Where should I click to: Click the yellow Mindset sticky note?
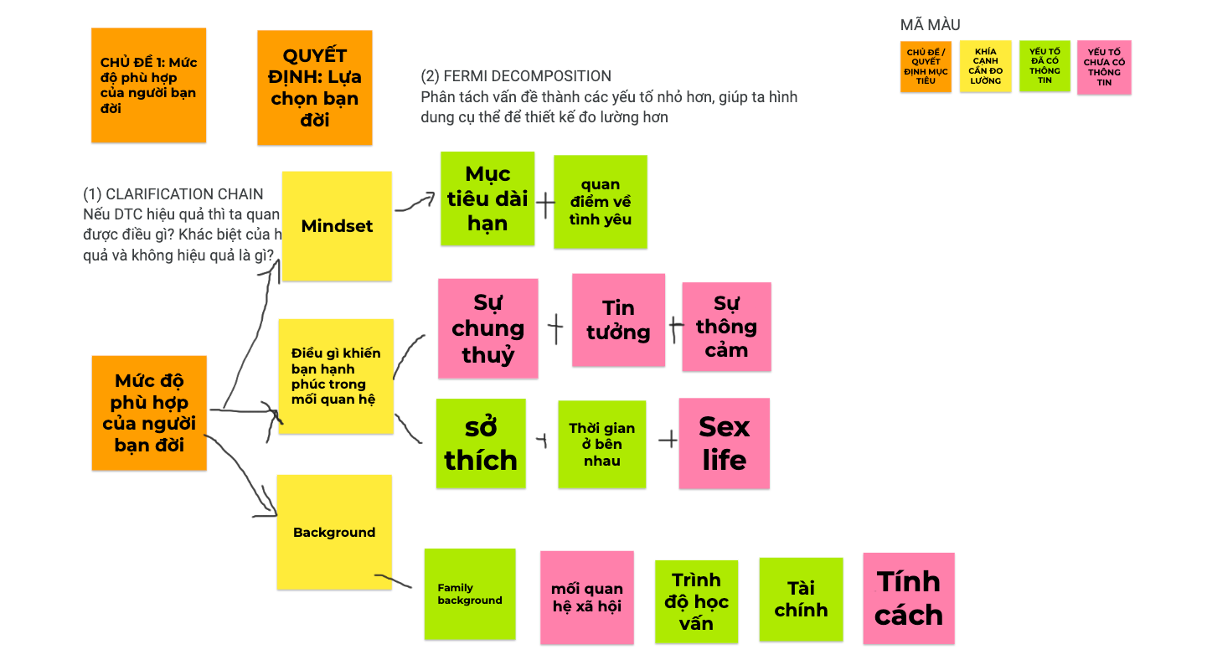coord(337,226)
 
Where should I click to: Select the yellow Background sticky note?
coord(334,532)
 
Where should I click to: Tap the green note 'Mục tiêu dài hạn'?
coord(487,198)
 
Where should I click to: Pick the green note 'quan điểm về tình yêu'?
coord(601,202)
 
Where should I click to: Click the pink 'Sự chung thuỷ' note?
coord(487,328)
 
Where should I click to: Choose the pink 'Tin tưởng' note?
coord(618,320)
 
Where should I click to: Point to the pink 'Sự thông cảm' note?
coord(726,327)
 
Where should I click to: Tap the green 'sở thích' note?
coord(481,444)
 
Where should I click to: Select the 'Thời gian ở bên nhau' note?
coord(602,444)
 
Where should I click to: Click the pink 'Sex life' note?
coord(724,444)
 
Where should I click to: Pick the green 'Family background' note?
coord(470,594)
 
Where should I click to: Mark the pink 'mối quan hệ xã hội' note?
coord(586,598)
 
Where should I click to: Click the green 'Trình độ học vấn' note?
coord(696,601)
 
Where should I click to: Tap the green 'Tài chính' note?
coord(801,600)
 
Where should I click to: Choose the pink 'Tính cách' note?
coord(909,598)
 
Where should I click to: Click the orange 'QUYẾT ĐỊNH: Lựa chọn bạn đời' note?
coord(314,88)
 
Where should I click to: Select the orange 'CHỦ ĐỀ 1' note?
coord(148,85)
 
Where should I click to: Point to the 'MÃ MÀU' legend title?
coord(930,25)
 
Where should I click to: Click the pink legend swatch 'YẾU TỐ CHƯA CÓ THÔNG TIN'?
coord(1104,67)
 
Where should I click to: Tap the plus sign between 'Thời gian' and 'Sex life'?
coord(668,439)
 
